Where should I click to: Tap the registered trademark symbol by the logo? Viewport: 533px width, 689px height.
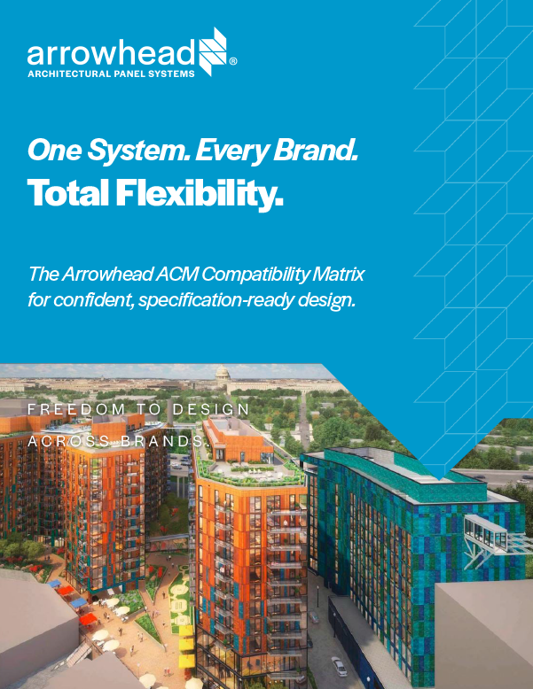point(233,63)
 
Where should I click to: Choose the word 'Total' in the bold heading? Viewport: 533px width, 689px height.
point(67,193)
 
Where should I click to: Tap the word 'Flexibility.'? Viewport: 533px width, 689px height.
point(200,193)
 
